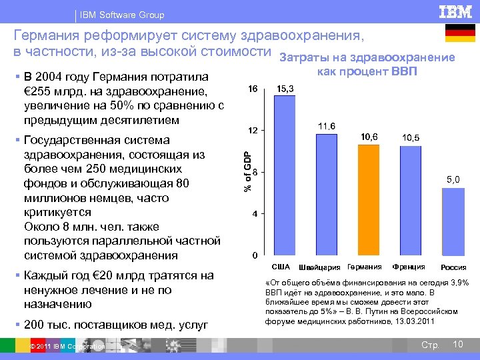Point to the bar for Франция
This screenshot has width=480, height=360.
tap(410, 201)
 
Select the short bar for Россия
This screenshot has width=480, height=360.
tap(452, 222)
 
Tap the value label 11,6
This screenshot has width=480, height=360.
tap(327, 126)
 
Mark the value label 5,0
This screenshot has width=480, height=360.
tap(453, 179)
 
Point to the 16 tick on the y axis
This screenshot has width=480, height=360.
tap(253, 89)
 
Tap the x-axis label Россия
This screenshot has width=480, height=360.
tap(453, 268)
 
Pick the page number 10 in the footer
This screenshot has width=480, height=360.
tap(457, 344)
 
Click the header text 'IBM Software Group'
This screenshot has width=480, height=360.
tap(121, 15)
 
